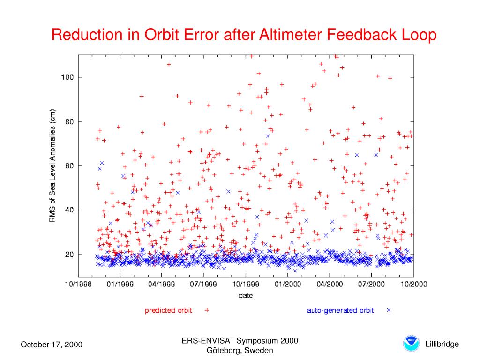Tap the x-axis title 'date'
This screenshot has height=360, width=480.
pyautogui.click(x=245, y=295)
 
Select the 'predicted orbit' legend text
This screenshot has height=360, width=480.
pyautogui.click(x=168, y=310)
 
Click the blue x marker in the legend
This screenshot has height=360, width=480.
pyautogui.click(x=389, y=310)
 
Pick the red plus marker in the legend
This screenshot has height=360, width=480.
pyautogui.click(x=207, y=310)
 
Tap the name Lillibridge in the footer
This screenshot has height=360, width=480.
pyautogui.click(x=442, y=345)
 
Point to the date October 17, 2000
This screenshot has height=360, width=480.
pyautogui.click(x=52, y=345)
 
